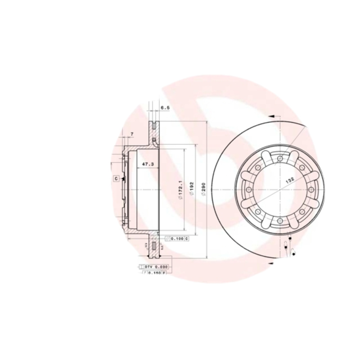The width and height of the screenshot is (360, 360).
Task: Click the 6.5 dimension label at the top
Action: (x=165, y=108)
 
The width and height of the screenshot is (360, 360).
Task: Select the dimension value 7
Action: (x=131, y=134)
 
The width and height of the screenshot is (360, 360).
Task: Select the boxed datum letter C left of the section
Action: (x=116, y=179)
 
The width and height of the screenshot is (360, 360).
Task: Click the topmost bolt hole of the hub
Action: (x=280, y=158)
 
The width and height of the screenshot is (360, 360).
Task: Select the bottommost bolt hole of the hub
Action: (x=280, y=220)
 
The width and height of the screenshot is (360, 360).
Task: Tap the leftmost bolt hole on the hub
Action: (x=248, y=189)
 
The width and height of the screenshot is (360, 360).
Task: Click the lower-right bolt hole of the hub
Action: (x=302, y=211)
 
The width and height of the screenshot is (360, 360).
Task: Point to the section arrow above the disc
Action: (x=271, y=116)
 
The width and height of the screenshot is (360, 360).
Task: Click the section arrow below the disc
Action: (x=271, y=262)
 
